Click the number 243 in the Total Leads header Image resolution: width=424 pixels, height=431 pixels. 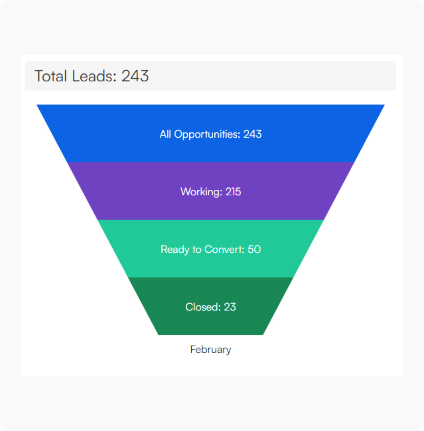(135, 76)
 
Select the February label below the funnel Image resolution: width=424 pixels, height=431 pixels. (210, 349)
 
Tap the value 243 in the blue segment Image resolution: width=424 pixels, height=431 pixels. (252, 134)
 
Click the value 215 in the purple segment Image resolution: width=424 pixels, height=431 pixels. (233, 192)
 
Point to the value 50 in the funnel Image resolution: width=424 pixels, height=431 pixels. (254, 249)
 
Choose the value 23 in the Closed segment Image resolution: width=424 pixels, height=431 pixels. (230, 307)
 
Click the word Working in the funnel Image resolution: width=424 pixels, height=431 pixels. (201, 192)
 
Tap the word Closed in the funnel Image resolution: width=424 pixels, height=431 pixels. (202, 307)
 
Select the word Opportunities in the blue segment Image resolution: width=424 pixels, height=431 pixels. (207, 134)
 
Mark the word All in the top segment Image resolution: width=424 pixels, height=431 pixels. (166, 134)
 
